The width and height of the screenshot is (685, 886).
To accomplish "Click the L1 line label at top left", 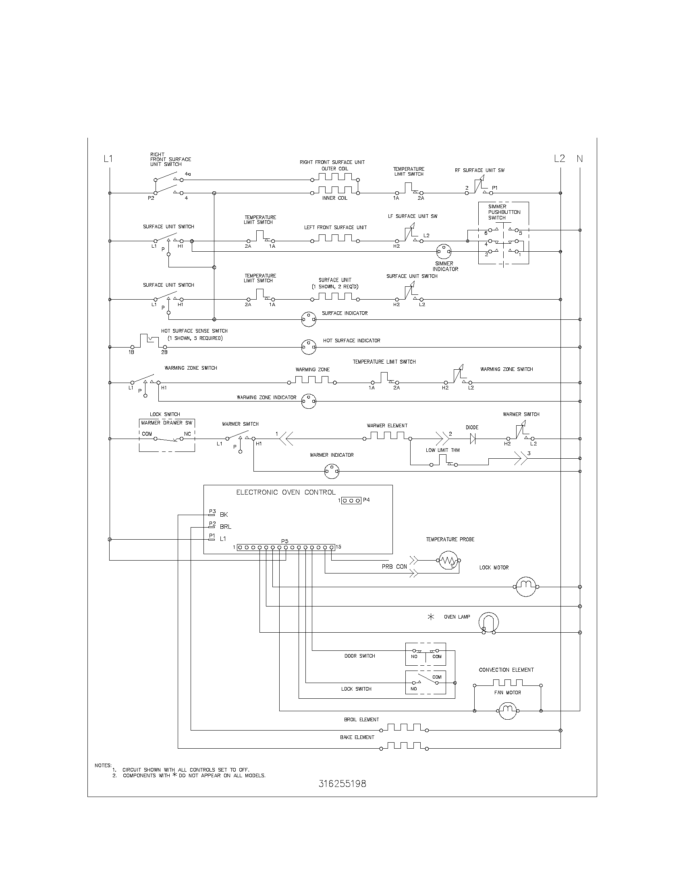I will (x=108, y=159).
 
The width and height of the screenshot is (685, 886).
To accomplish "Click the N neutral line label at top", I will (x=579, y=159).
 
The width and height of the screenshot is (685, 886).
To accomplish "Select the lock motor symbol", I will (x=526, y=586).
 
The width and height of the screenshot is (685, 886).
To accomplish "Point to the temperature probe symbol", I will (x=448, y=561).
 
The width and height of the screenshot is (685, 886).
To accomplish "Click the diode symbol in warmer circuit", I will (x=472, y=438).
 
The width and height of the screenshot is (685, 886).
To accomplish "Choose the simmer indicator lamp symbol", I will (x=444, y=252).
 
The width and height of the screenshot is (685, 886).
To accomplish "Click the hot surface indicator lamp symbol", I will (x=309, y=347).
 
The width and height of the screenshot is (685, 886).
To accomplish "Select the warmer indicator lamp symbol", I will (x=332, y=472).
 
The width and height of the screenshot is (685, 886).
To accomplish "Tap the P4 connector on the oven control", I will (x=351, y=501).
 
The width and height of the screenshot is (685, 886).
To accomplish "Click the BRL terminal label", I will (x=225, y=527).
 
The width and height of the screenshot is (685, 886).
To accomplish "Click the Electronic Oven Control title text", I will (x=286, y=492).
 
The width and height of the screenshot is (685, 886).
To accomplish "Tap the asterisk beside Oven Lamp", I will (x=431, y=617).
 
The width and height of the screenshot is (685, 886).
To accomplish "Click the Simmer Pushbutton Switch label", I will (x=504, y=212).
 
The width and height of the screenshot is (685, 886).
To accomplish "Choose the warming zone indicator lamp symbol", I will (x=309, y=401).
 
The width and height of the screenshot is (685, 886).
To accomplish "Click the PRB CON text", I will (x=394, y=566).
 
